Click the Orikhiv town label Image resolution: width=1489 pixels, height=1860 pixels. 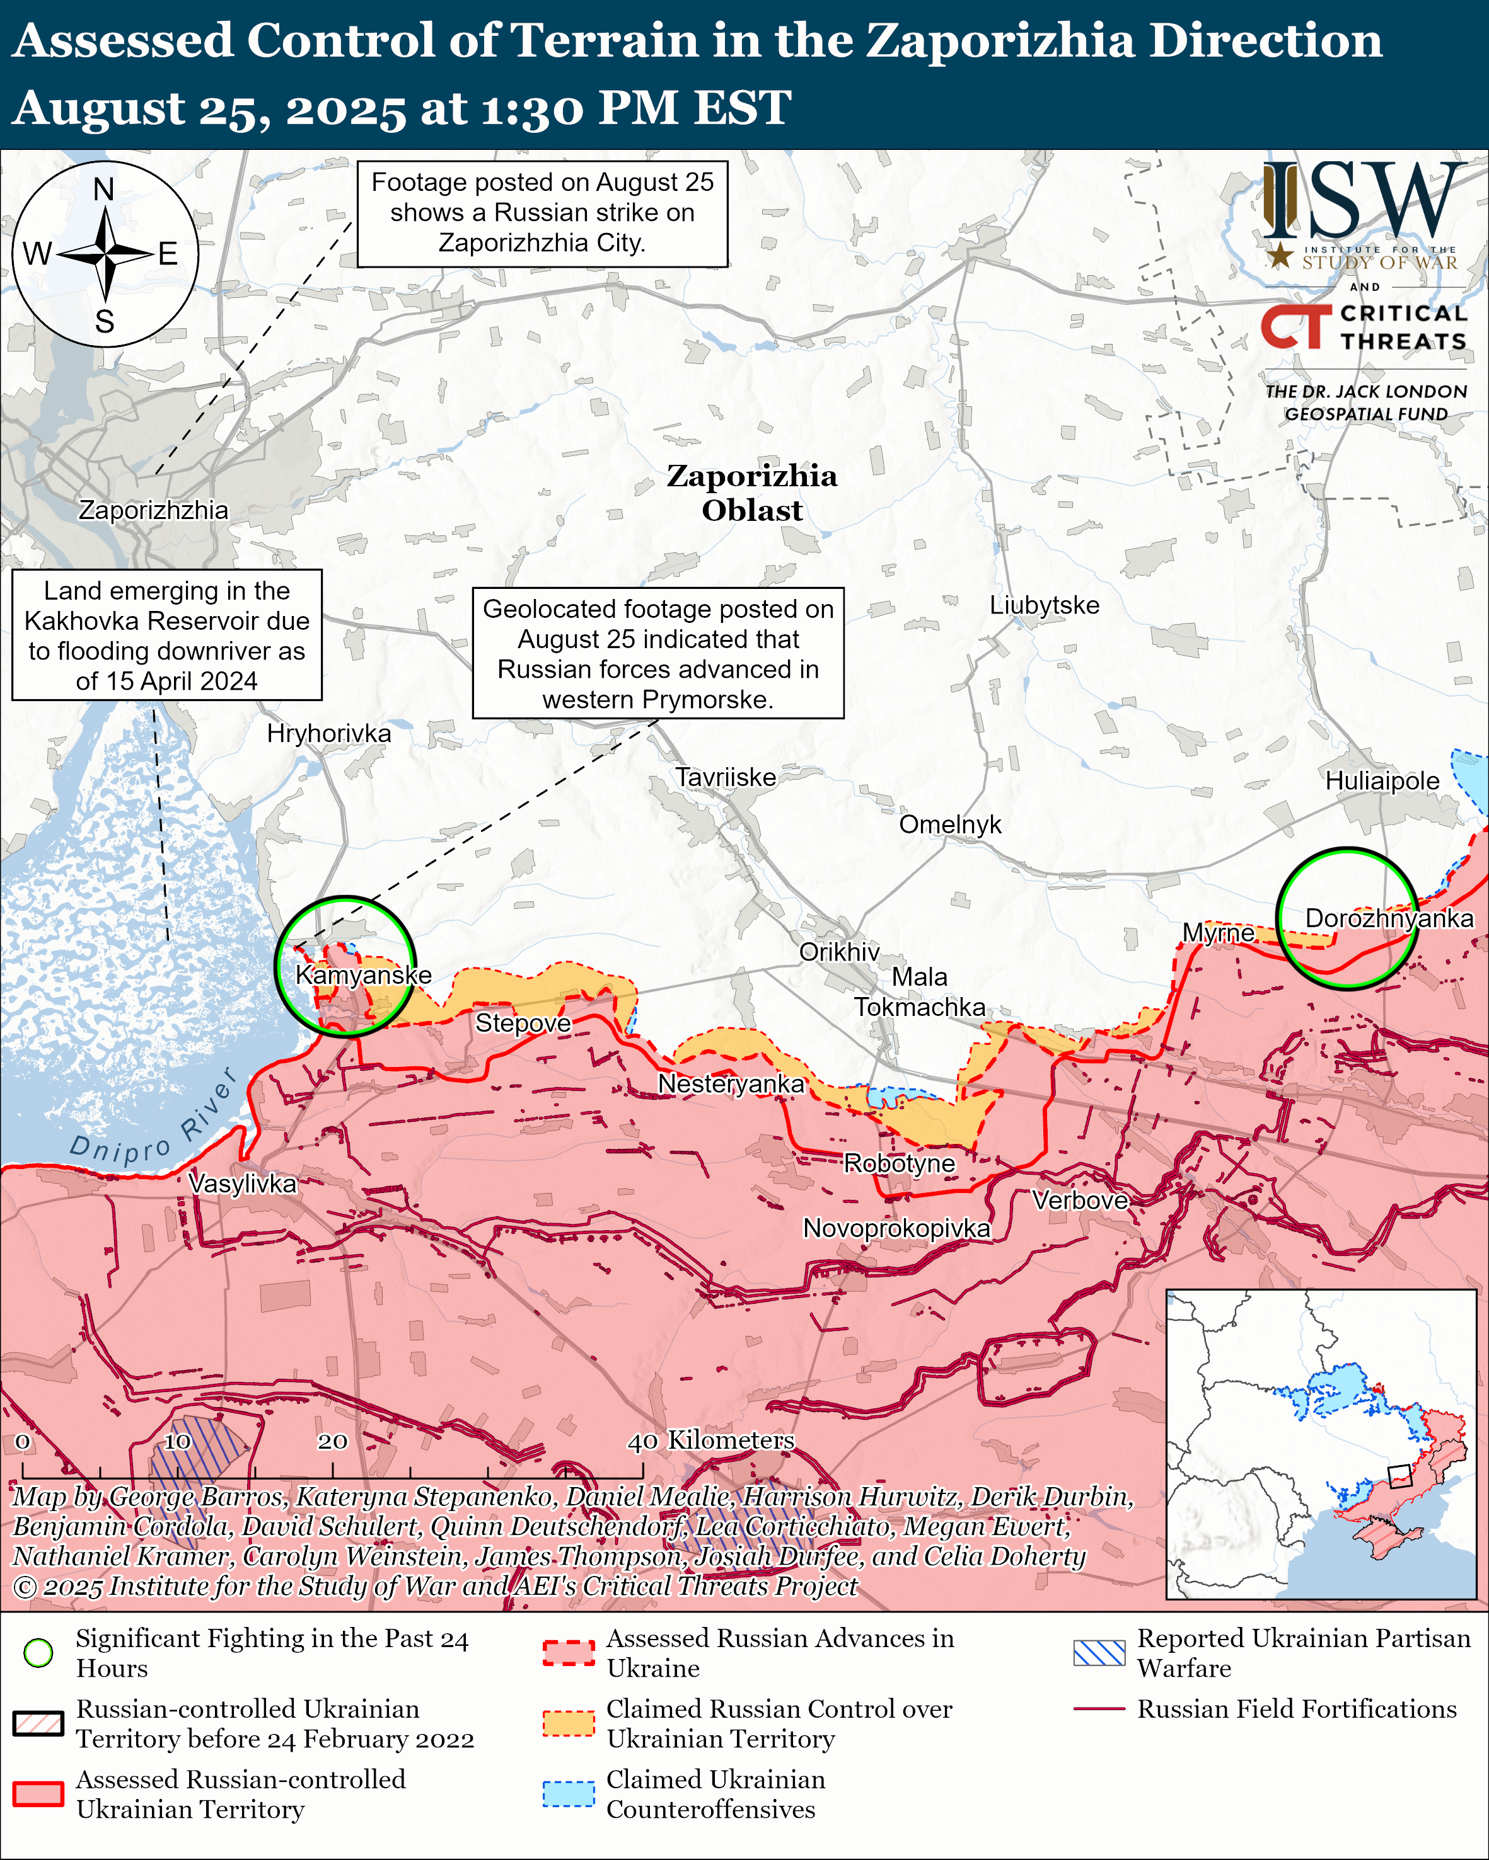839,952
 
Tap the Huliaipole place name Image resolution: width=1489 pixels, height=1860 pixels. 1382,781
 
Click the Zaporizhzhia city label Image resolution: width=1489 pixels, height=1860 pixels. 154,510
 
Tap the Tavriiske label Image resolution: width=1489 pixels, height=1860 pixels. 725,777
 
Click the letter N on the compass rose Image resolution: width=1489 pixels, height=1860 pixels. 103,189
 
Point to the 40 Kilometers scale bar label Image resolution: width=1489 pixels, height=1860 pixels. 710,1440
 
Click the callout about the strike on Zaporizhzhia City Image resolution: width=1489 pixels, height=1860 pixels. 542,212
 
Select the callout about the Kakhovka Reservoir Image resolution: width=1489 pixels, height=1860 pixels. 166,635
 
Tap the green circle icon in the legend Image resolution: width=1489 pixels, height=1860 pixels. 38,1653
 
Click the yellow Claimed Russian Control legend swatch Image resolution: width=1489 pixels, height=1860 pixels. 569,1723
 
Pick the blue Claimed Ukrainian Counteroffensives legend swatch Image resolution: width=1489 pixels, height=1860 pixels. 569,1794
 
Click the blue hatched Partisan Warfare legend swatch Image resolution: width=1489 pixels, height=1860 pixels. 1099,1652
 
